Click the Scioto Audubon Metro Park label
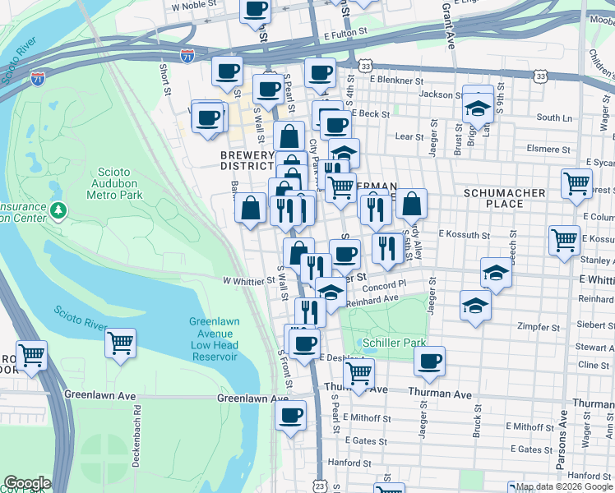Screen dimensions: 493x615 pyautogui.click(x=115, y=182)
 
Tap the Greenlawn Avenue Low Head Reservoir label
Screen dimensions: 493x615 pyautogui.click(x=211, y=339)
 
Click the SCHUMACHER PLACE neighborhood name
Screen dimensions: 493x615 pyautogui.click(x=504, y=198)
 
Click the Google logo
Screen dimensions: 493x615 pyautogui.click(x=27, y=483)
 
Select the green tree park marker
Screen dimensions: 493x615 pyautogui.click(x=58, y=211)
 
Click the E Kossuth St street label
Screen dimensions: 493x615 pyautogui.click(x=464, y=235)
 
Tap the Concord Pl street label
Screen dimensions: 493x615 pyautogui.click(x=391, y=284)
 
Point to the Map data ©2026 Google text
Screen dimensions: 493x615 pyautogui.click(x=564, y=486)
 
